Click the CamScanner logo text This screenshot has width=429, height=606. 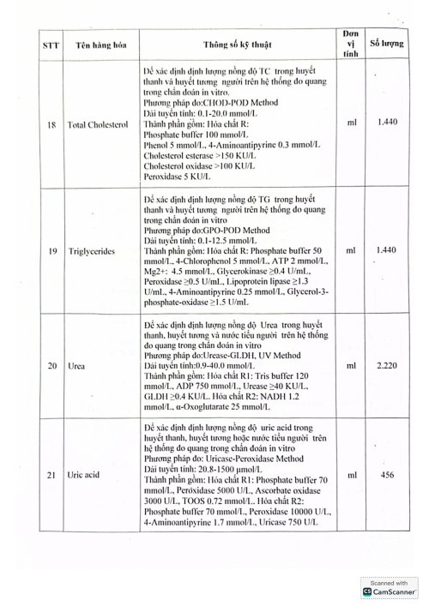[394, 591]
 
